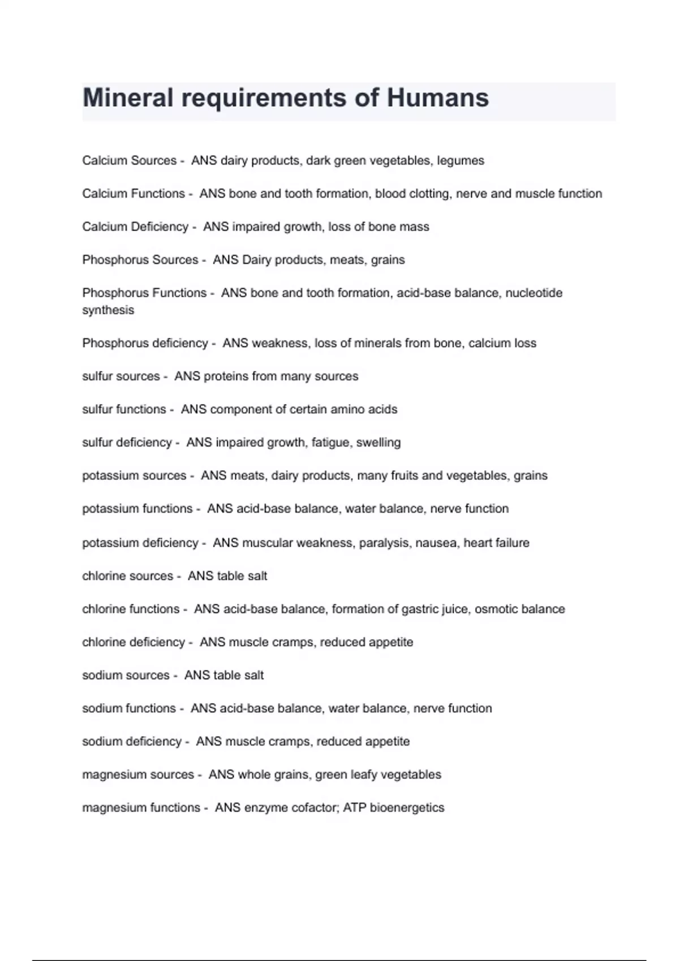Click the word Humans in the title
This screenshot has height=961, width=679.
coord(437,98)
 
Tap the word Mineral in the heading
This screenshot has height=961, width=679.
coord(128,98)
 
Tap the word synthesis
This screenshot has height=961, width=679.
coord(108,310)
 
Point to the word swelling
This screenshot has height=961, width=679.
coord(378,443)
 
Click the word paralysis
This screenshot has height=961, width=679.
coord(384,543)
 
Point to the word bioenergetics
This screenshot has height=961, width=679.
coord(407,808)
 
